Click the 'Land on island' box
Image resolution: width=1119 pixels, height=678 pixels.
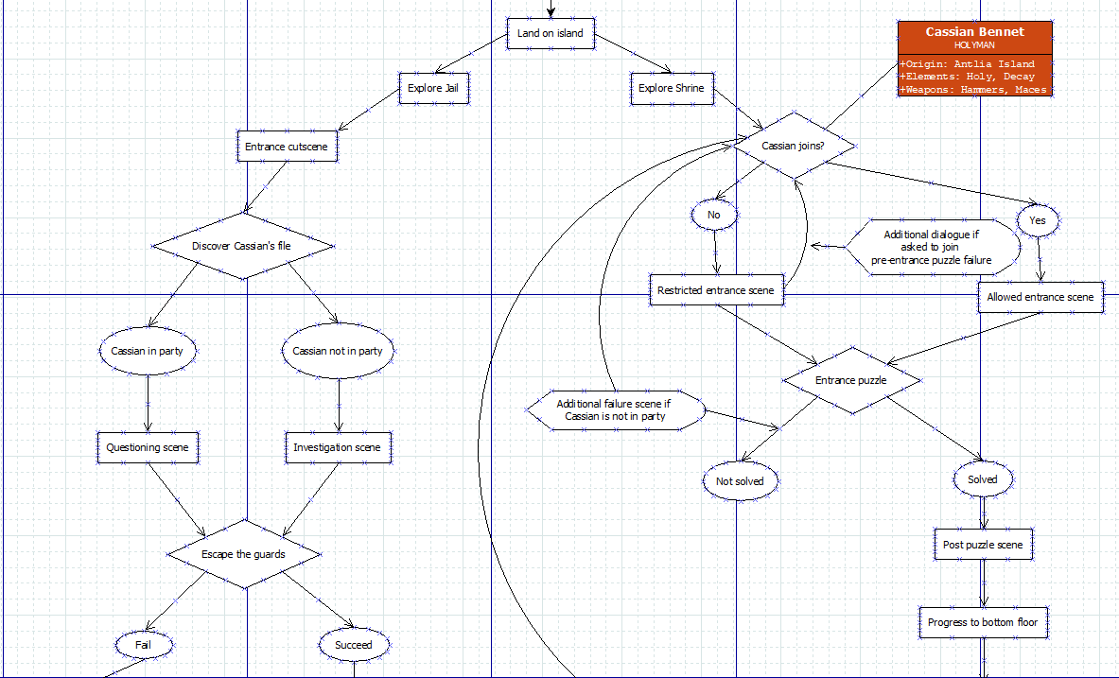pos(551,33)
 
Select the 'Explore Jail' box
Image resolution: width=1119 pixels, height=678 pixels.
pos(434,88)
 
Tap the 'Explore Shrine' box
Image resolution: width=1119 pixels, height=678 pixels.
pos(671,88)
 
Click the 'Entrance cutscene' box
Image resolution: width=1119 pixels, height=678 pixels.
pos(286,147)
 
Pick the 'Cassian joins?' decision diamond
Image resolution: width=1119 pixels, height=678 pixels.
pos(794,146)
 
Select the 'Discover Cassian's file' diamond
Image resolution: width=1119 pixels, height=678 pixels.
pos(242,246)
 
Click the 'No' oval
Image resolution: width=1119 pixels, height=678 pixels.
pos(714,215)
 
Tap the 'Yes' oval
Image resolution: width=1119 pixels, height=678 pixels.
pos(1038,219)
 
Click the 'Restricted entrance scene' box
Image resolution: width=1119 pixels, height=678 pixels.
pos(715,290)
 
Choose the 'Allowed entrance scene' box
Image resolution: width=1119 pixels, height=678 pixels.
pos(1040,297)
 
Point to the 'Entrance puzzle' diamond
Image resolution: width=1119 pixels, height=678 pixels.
pos(851,380)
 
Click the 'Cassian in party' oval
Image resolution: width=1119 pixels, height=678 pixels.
pos(148,351)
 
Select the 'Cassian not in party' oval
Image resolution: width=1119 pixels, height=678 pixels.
pos(338,351)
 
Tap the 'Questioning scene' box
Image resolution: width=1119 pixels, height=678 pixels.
pos(148,447)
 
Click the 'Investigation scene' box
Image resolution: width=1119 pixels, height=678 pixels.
pos(338,447)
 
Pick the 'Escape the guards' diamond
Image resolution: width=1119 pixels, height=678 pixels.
pos(243,553)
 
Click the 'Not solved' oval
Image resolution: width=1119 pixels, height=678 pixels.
pos(740,481)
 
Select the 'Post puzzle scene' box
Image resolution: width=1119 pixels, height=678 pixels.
pos(983,545)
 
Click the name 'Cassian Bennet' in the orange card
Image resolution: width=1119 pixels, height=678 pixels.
pos(974,32)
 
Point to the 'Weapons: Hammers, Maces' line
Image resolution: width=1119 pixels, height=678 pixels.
pos(974,90)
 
